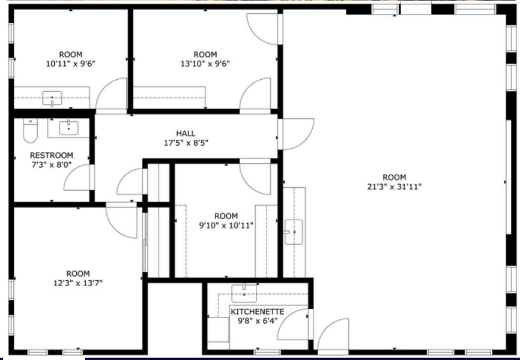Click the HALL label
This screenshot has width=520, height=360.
[x=186, y=134]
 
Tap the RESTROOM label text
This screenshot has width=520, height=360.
[x=52, y=155]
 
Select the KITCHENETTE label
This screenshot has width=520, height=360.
[x=258, y=312]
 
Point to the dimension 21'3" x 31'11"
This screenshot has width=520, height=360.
[x=395, y=187]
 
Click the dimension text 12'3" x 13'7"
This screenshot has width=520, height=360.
[x=78, y=283]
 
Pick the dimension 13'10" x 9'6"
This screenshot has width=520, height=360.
[x=205, y=64]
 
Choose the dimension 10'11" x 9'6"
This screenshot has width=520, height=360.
[x=71, y=64]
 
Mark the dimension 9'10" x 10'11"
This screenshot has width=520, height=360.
[x=226, y=226]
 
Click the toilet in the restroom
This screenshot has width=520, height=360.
[x=30, y=130]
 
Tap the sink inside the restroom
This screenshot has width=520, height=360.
[x=68, y=128]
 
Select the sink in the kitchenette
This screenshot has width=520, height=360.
[x=244, y=293]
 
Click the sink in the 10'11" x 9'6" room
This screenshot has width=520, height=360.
[x=52, y=98]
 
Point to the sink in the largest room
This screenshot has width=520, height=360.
[x=294, y=232]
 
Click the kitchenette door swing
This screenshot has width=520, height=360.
[x=294, y=324]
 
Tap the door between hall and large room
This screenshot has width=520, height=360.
[x=296, y=134]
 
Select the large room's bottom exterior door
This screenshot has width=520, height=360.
[x=333, y=335]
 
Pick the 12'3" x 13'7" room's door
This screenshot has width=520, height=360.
[x=121, y=220]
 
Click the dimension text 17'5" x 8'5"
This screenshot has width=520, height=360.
[x=186, y=143]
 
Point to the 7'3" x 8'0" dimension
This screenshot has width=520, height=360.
[x=52, y=165]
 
